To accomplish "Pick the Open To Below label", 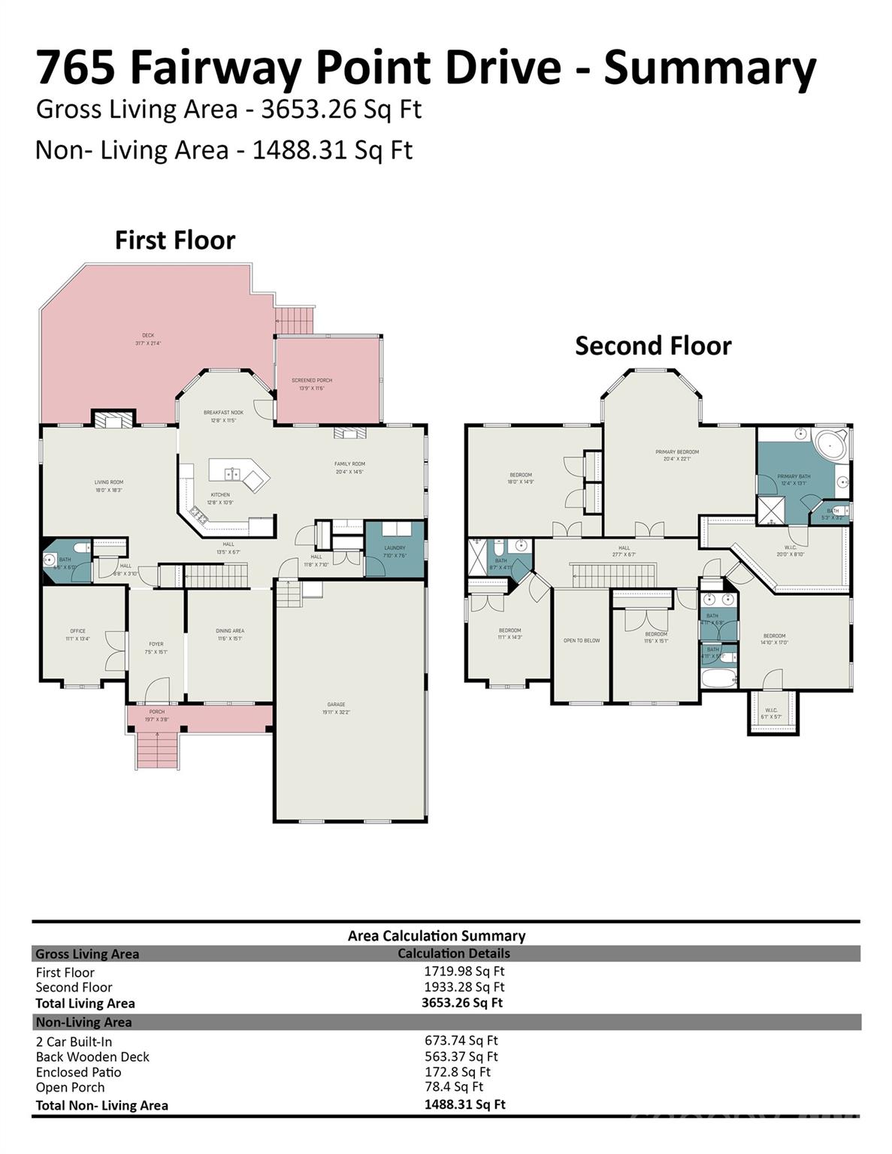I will click(x=582, y=641).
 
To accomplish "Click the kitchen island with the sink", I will click(x=237, y=475).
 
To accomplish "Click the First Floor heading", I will click(x=175, y=240).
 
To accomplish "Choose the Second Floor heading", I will click(x=653, y=346).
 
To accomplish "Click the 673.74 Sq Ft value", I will click(x=461, y=1041).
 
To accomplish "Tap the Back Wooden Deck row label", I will click(x=92, y=1056).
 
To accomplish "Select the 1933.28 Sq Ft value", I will click(x=464, y=986).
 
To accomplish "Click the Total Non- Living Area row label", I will click(x=101, y=1105).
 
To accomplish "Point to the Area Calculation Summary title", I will click(x=436, y=935).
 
